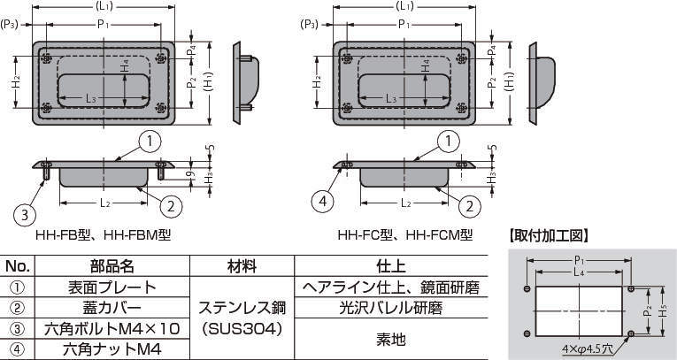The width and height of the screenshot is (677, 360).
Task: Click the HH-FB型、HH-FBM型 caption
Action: (104, 235)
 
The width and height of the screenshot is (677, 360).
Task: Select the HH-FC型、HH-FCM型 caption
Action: (405, 235)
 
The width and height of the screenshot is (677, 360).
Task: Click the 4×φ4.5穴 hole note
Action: (588, 348)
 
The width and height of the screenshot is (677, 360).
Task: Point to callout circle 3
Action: (26, 214)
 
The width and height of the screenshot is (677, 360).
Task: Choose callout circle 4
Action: (323, 202)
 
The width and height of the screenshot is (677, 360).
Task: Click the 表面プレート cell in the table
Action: (112, 287)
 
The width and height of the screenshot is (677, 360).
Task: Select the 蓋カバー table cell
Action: (112, 308)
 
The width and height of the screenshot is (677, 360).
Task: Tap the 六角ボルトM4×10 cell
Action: (112, 329)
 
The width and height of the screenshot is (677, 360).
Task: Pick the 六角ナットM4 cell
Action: (112, 349)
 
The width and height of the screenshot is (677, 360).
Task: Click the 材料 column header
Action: (242, 266)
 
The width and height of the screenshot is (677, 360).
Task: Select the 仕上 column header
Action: (391, 266)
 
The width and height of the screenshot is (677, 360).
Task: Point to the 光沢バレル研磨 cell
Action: (391, 308)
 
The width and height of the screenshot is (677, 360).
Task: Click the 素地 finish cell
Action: (391, 340)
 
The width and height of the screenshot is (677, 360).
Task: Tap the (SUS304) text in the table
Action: (242, 329)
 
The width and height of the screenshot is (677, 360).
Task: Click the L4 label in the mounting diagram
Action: (580, 272)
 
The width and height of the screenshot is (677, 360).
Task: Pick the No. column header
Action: (18, 266)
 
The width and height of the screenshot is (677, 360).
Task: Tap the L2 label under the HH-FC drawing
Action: (405, 203)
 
